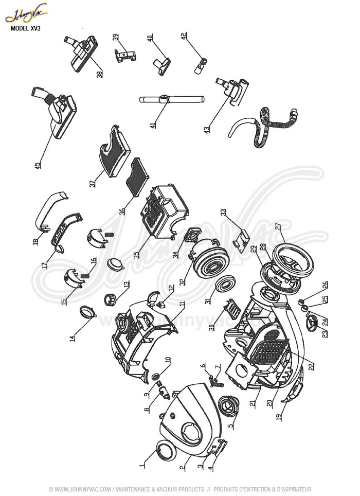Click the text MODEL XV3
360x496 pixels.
[x=26, y=29]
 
